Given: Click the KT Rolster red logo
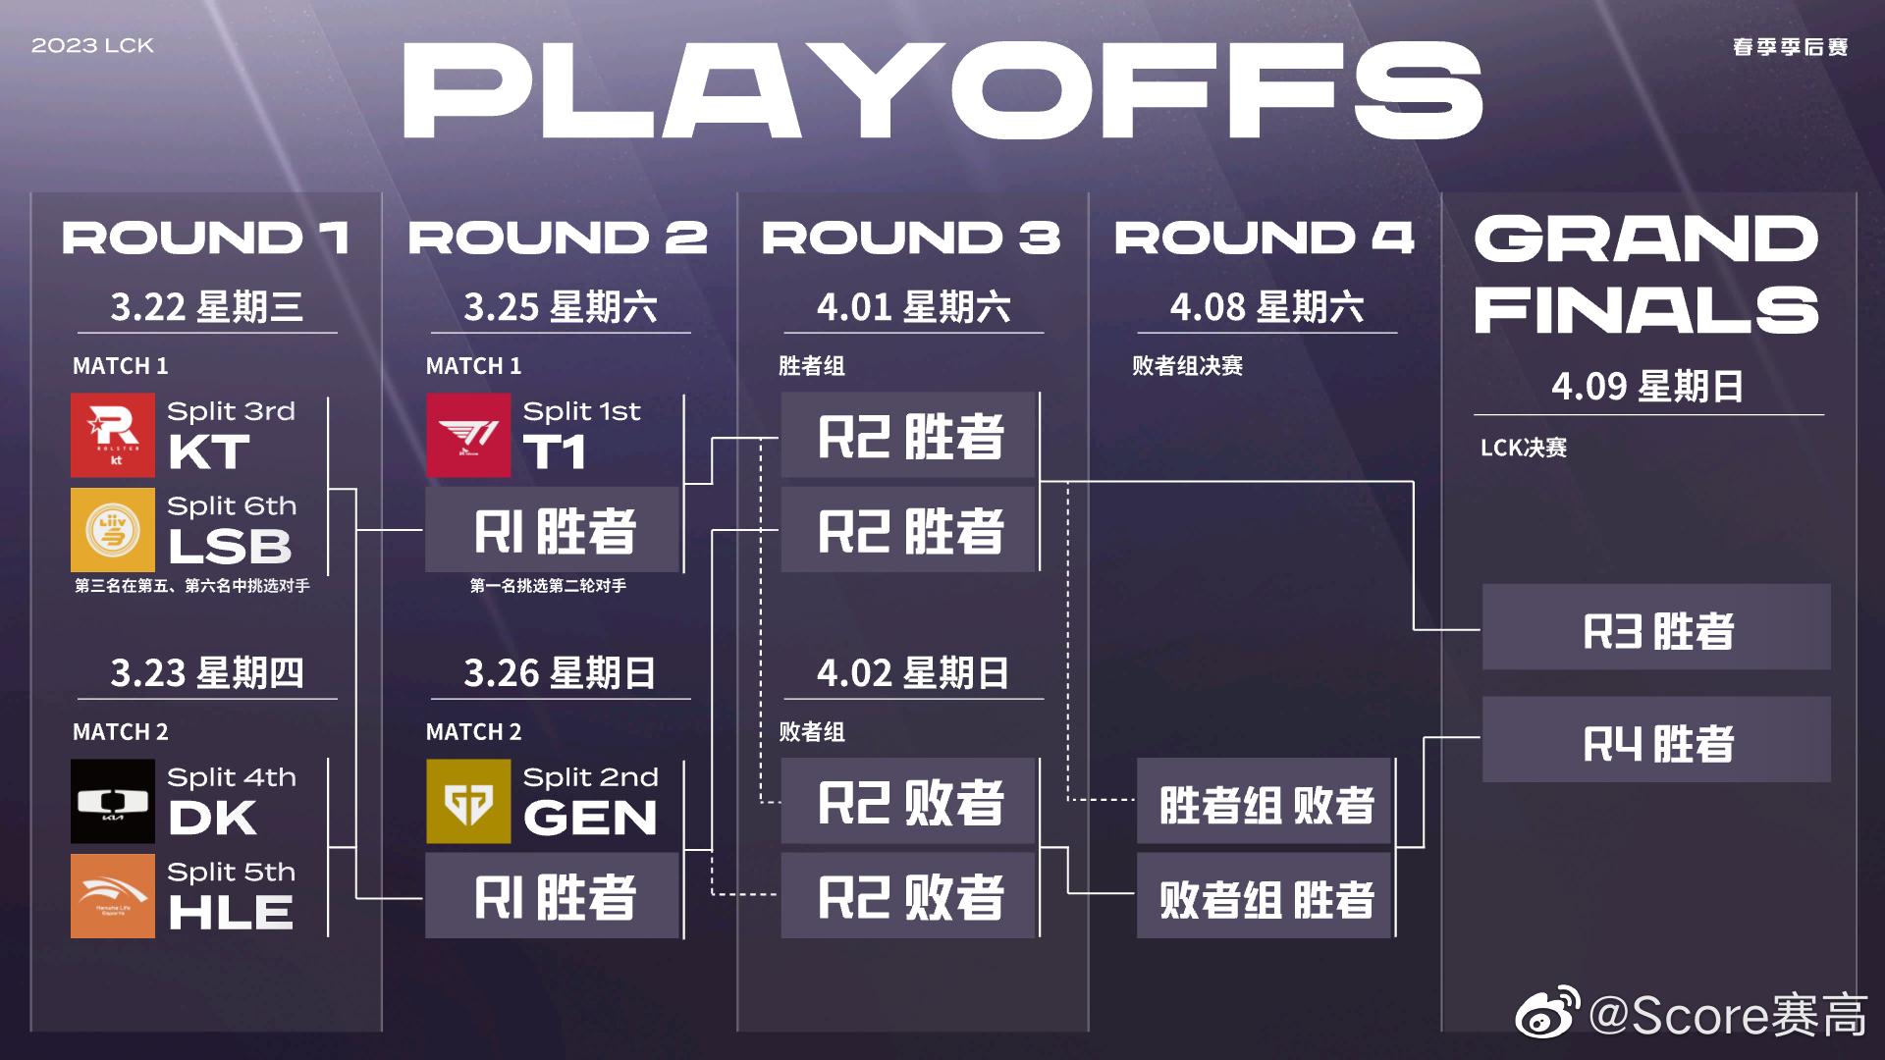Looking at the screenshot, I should pyautogui.click(x=113, y=435).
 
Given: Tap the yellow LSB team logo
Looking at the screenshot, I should pyautogui.click(x=113, y=530).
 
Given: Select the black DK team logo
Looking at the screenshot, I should pyautogui.click(x=113, y=801).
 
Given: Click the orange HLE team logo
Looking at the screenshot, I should pyautogui.click(x=113, y=895).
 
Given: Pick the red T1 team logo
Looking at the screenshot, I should pyautogui.click(x=468, y=435).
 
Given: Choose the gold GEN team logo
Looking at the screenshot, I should pyautogui.click(x=468, y=801).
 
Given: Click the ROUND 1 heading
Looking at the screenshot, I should pyautogui.click(x=206, y=238).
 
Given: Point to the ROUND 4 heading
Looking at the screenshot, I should pyautogui.click(x=1265, y=238).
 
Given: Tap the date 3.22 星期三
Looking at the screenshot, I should pyautogui.click(x=206, y=307).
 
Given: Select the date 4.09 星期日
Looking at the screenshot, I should pyautogui.click(x=1647, y=387).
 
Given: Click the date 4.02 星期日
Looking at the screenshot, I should pyautogui.click(x=913, y=673).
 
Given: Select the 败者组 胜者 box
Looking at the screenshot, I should pyautogui.click(x=1266, y=896).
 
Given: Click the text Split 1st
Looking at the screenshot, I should pyautogui.click(x=581, y=411).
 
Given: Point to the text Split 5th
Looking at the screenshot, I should pyautogui.click(x=231, y=872).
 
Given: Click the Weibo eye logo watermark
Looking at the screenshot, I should pyautogui.click(x=1547, y=1014).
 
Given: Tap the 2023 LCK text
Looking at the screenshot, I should pyautogui.click(x=92, y=46).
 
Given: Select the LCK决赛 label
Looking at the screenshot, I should pyautogui.click(x=1523, y=448).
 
